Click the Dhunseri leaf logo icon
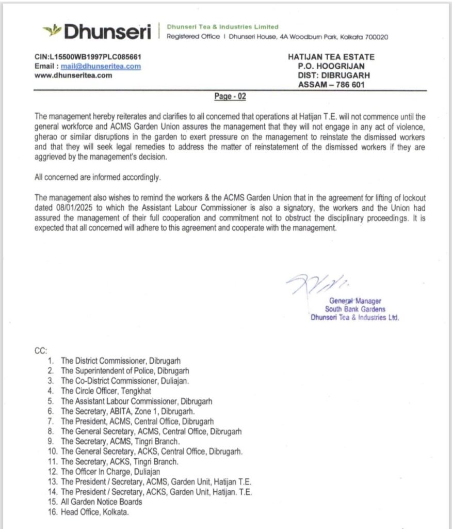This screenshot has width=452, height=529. point(52,31)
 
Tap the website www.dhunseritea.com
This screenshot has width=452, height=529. point(73,75)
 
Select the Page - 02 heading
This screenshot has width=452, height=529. point(230,97)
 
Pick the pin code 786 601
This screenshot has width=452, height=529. point(349,84)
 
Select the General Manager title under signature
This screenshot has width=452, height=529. point(354,301)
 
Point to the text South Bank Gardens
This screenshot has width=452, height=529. point(355,309)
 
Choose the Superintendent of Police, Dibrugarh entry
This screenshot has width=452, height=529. point(125,370)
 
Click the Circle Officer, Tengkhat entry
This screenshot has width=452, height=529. point(106,391)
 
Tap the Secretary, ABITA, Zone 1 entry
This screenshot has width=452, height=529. point(127,411)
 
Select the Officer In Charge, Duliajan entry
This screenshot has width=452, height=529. point(110,471)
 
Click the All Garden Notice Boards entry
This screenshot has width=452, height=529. point(101,502)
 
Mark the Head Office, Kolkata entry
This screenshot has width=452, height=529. point(94,511)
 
